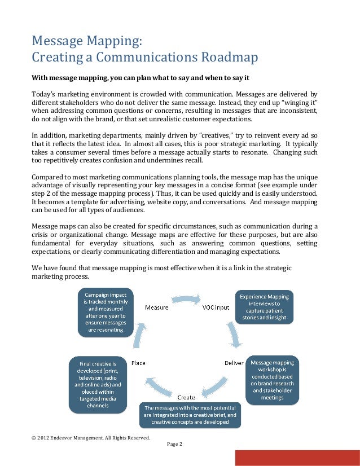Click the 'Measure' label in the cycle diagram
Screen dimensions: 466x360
pyautogui.click(x=156, y=307)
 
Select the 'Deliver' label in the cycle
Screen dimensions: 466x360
pyautogui.click(x=234, y=362)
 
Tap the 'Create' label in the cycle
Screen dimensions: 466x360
pyautogui.click(x=187, y=398)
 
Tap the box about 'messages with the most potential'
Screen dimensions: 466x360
pyautogui.click(x=191, y=415)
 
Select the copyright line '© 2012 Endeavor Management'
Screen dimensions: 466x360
pyautogui.click(x=90, y=438)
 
